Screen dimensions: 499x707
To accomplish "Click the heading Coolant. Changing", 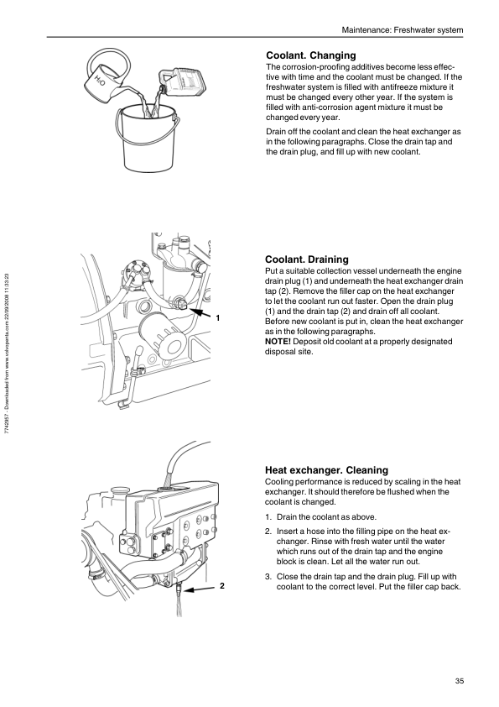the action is pos(311,55).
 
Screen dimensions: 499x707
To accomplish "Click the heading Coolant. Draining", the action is pos(307,259).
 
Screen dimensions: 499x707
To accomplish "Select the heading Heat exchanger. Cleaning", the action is pos(326,470).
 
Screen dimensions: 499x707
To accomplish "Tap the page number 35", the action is pos(460,681).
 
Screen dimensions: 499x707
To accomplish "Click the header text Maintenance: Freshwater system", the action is pos(403,30).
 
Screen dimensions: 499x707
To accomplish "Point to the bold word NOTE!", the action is pos(278,342).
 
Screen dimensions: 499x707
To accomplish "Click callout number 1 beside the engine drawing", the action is pos(218,318).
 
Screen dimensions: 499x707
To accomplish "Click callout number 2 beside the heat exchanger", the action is pos(222,586).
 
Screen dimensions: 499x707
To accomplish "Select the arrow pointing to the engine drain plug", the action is pos(199,313).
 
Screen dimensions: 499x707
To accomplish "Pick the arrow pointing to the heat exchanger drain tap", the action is pos(199,589).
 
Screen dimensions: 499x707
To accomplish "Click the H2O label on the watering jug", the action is pos(100,81).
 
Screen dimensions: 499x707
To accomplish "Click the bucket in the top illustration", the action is pos(147,138).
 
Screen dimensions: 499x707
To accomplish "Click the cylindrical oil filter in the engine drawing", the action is pos(162,334).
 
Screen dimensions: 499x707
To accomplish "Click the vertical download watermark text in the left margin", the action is pos(7,353).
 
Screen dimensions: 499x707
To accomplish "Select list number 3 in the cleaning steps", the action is pos(268,577).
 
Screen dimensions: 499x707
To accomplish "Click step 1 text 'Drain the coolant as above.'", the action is pos(326,517).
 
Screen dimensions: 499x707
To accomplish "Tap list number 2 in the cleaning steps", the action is pos(268,532).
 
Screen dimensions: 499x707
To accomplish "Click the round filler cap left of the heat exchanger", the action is pos(120,490).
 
